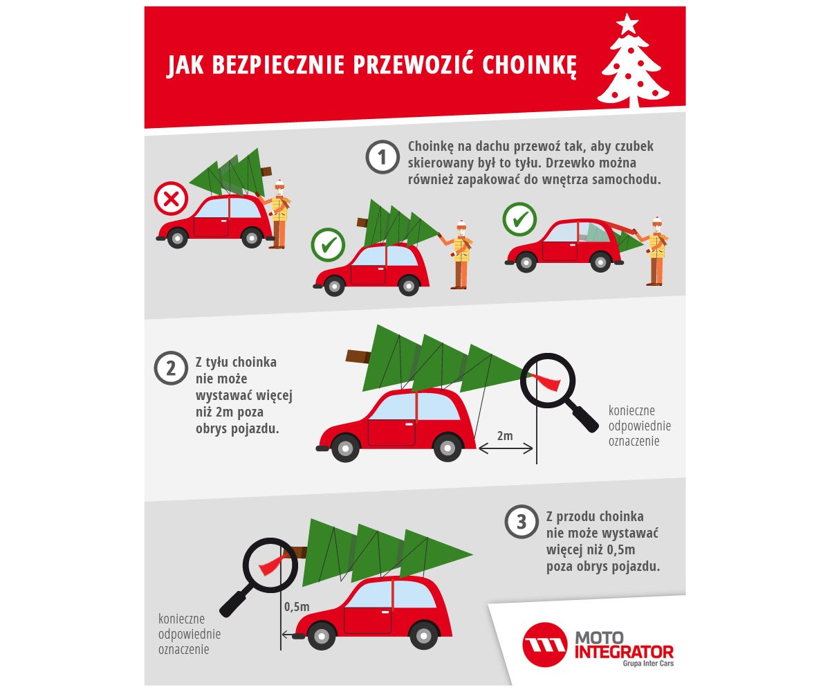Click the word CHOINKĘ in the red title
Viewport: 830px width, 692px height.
529,65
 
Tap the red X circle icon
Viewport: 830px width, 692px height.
171,199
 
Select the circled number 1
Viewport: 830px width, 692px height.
382,157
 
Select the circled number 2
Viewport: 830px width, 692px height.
171,368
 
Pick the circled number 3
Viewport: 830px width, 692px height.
522,522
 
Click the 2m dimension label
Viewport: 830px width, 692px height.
505,436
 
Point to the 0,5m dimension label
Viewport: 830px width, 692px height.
297,606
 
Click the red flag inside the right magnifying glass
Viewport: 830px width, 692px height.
546,381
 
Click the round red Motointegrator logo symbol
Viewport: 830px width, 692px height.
545,644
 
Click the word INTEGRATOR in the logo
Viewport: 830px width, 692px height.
624,653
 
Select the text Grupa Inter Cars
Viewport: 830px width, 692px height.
648,664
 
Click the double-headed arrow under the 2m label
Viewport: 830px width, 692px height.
506,449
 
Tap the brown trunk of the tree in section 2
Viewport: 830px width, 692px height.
359,356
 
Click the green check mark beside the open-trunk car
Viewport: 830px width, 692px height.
519,219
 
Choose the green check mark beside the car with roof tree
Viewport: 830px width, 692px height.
328,244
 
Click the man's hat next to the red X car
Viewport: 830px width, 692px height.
280,184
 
